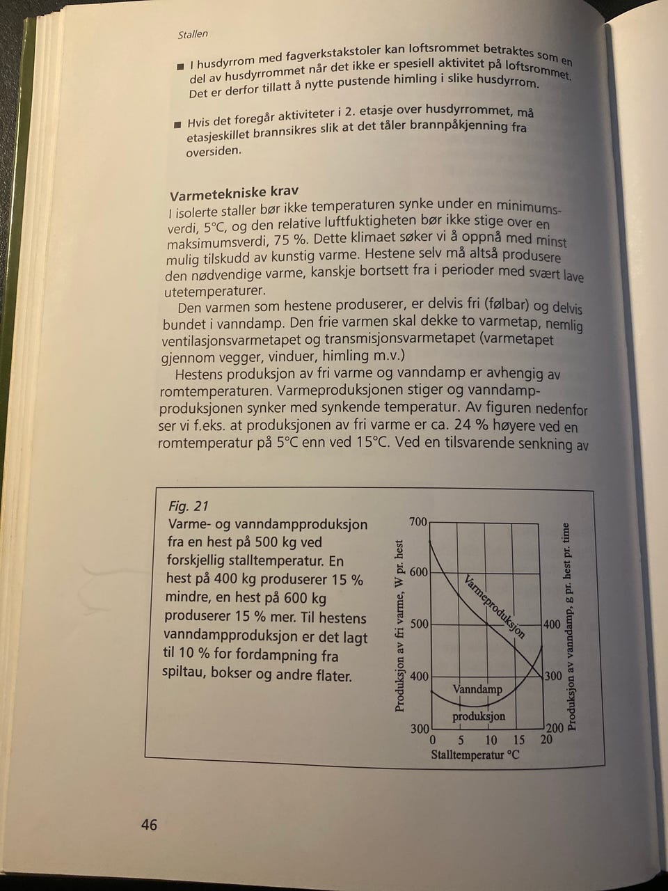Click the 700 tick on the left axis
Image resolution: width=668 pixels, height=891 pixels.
(418, 521)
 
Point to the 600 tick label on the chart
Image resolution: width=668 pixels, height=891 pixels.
(418, 572)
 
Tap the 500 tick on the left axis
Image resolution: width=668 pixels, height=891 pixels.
(419, 624)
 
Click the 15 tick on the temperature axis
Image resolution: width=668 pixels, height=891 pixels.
(518, 740)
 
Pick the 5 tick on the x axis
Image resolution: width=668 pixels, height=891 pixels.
(461, 740)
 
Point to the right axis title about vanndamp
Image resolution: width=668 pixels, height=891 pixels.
(571, 626)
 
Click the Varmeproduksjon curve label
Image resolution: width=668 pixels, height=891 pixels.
(494, 606)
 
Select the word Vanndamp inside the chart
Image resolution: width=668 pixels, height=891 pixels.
(477, 690)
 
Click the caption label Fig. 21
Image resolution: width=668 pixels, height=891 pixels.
(189, 506)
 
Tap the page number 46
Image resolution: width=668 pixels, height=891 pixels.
(149, 825)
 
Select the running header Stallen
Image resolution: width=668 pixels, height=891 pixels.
(193, 33)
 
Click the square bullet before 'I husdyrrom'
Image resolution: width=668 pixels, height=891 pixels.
(180, 66)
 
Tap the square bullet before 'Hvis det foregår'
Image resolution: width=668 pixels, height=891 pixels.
(178, 125)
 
